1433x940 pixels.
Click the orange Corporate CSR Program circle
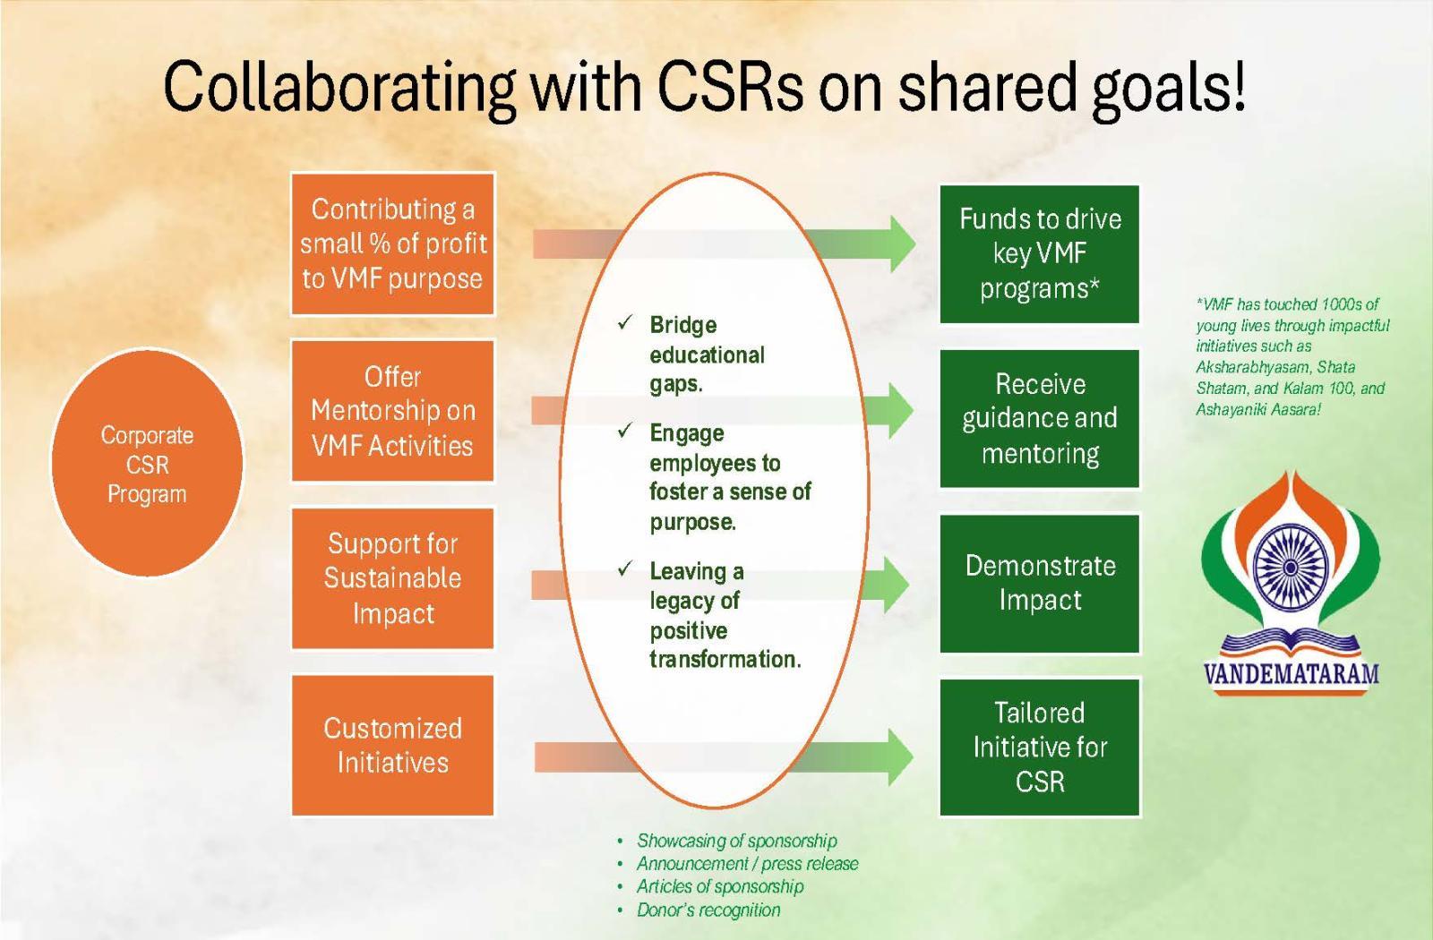point(147,463)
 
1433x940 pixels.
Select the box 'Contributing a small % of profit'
point(392,244)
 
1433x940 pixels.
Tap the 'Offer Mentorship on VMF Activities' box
point(392,411)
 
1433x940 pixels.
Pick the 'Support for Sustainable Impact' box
point(392,578)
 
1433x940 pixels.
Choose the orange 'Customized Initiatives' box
point(392,745)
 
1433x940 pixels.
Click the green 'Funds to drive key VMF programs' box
point(1039,254)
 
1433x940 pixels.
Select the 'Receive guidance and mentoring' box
point(1039,419)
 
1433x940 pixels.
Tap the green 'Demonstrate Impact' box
point(1039,583)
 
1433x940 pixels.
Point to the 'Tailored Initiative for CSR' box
point(1039,748)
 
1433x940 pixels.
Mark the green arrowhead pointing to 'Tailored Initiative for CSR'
point(898,756)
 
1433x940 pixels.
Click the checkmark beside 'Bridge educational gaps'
point(625,322)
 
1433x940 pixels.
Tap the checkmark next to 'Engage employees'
point(625,431)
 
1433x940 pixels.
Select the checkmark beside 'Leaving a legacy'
point(625,568)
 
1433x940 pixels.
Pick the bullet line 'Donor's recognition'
point(708,910)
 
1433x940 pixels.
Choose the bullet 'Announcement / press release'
point(747,864)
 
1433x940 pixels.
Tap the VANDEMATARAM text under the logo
point(1291,673)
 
